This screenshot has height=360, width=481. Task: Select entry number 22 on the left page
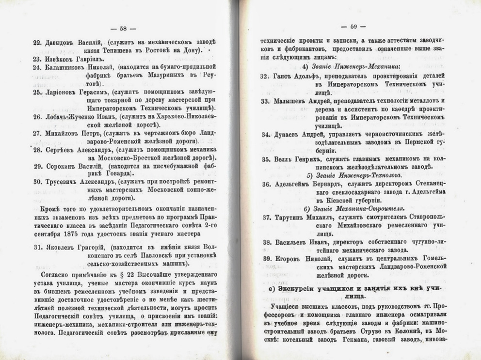pos(38,43)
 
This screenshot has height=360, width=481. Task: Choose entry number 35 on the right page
pos(265,158)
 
